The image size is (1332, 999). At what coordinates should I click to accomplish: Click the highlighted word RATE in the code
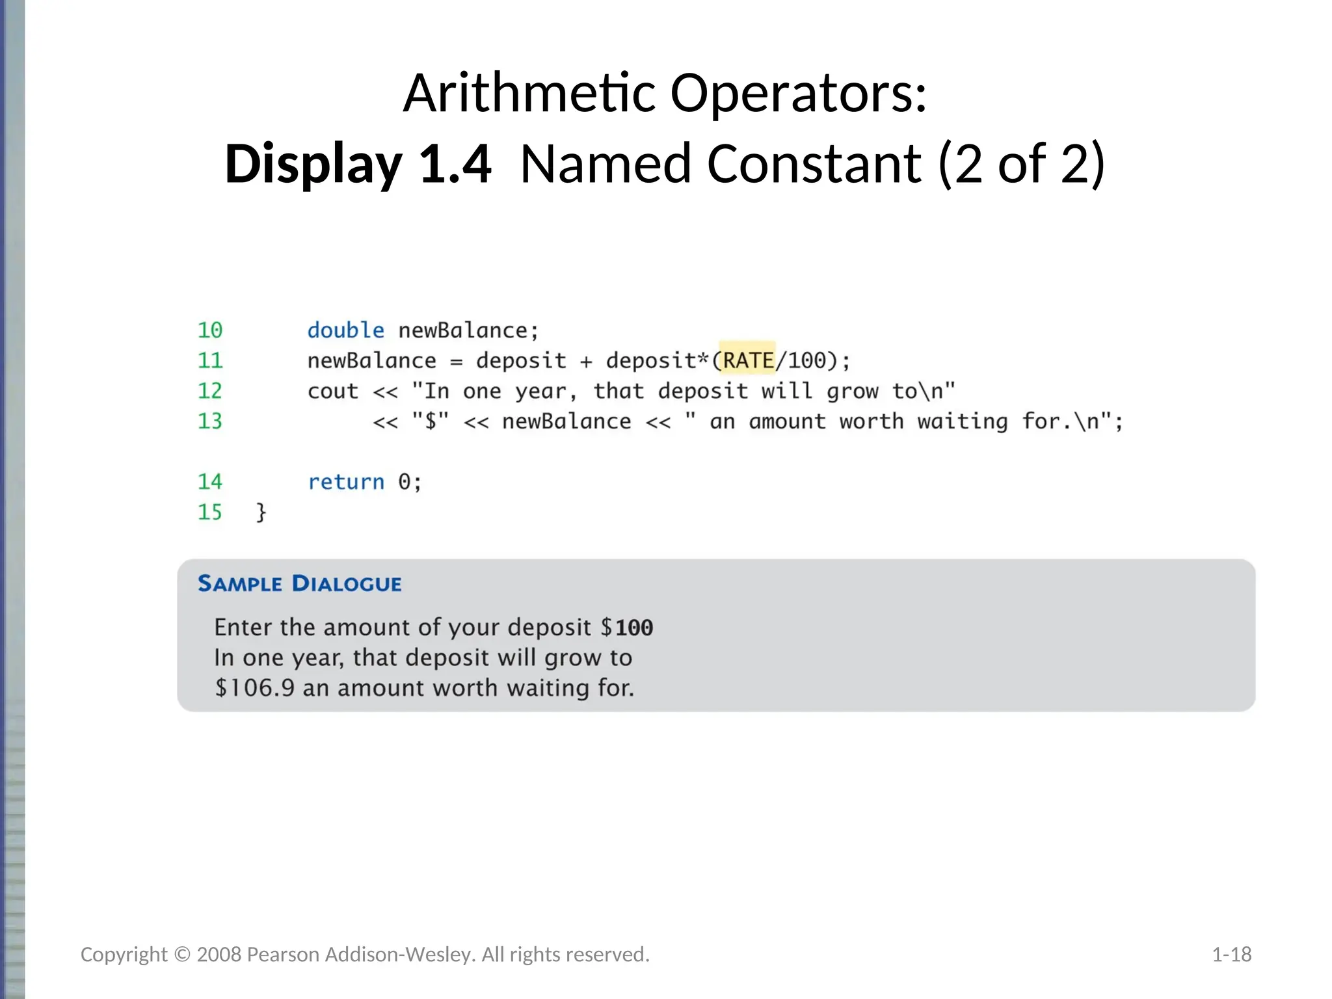pos(748,360)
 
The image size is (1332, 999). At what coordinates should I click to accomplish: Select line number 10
pos(210,330)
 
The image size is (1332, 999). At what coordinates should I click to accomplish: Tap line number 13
pos(210,421)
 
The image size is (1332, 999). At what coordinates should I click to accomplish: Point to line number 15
pos(210,513)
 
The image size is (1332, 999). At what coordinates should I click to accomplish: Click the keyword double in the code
pos(346,330)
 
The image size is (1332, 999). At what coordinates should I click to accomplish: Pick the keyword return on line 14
pos(346,482)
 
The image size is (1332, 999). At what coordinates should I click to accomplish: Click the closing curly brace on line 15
pos(261,513)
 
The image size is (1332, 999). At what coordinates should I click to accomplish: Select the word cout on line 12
pos(333,392)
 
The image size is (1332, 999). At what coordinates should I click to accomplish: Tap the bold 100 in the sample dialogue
pos(634,628)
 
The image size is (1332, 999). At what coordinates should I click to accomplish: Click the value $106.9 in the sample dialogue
pos(255,688)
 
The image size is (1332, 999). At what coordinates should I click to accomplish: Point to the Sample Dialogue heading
pos(300,583)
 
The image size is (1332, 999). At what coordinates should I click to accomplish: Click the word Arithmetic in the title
pos(529,93)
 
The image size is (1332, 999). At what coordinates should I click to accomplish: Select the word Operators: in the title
pos(799,93)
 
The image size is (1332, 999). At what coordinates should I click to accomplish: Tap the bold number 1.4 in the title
pos(455,164)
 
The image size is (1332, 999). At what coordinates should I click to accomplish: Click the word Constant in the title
pos(814,164)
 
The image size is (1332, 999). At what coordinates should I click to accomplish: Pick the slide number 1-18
pos(1231,954)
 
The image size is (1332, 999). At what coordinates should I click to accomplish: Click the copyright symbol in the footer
pos(182,954)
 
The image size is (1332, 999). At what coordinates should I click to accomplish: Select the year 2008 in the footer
pos(219,954)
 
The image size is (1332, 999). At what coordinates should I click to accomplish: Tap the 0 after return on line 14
pos(405,482)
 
